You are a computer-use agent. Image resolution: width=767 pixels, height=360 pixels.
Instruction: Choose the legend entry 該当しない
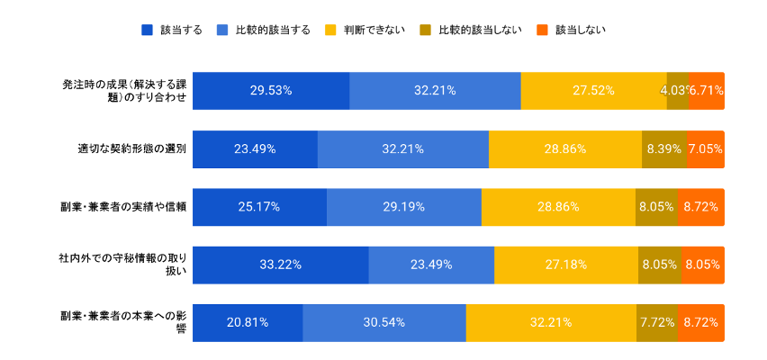579,30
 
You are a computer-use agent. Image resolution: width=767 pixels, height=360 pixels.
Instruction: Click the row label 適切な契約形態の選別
131,148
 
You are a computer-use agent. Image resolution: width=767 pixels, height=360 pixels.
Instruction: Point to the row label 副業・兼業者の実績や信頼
123,206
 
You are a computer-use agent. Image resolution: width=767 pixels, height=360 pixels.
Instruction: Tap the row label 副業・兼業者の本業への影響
123,322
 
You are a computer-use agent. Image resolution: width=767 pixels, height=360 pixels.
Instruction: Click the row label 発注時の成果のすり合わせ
123,91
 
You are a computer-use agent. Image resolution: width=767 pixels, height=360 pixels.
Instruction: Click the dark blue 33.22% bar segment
280,265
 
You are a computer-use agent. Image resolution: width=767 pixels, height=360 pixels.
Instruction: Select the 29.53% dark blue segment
271,91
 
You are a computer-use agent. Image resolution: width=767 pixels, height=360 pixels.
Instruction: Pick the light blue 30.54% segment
383,322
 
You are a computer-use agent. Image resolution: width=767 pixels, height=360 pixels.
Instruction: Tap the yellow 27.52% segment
593,91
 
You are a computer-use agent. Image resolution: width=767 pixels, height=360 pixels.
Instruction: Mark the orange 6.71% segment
707,91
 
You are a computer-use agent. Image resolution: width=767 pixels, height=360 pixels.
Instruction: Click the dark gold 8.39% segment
663,148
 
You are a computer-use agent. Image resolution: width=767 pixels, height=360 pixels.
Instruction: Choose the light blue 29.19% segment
404,206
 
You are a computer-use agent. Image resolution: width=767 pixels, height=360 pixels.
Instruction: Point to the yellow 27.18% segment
565,265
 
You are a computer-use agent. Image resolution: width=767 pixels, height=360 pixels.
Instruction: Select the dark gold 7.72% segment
657,322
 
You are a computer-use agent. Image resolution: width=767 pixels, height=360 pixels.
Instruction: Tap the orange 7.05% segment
706,148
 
